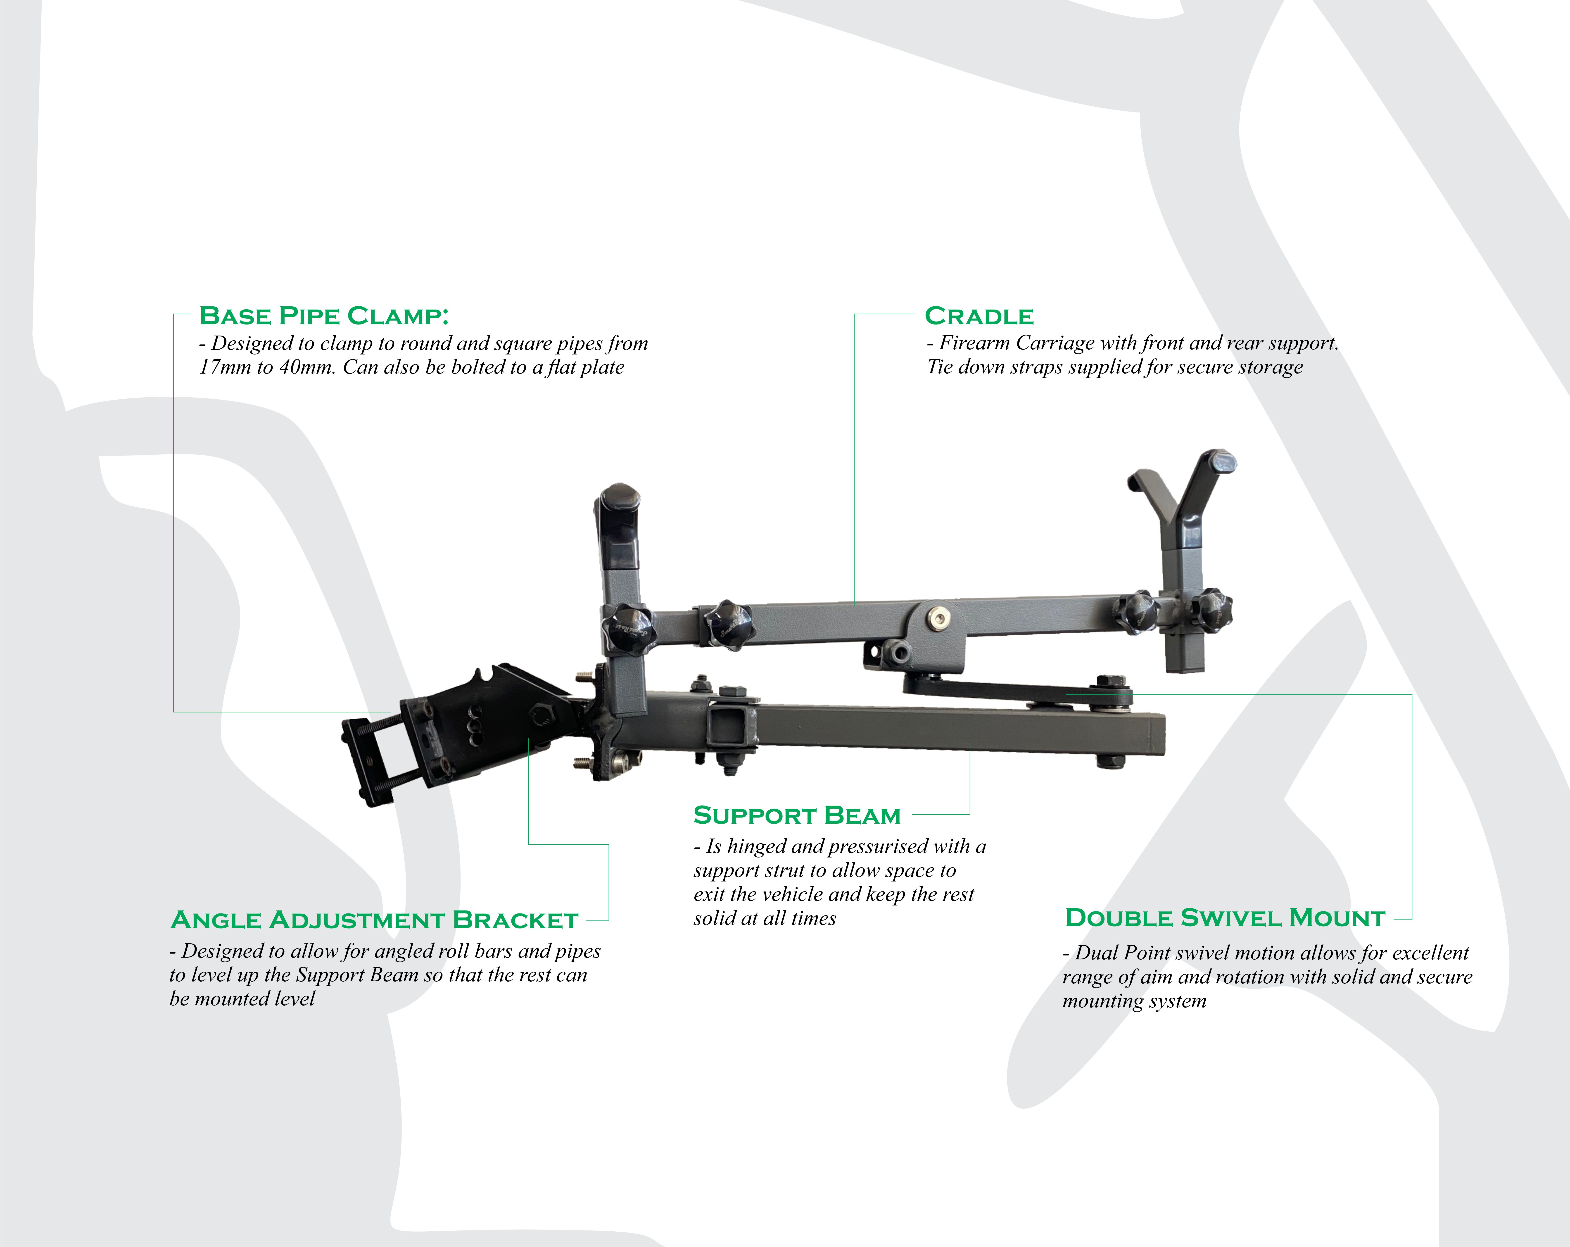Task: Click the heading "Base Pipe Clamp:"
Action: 324,316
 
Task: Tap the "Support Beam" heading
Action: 797,815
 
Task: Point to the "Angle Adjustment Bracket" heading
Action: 374,920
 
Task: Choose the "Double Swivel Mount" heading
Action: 1225,918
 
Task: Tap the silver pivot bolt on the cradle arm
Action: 937,618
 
